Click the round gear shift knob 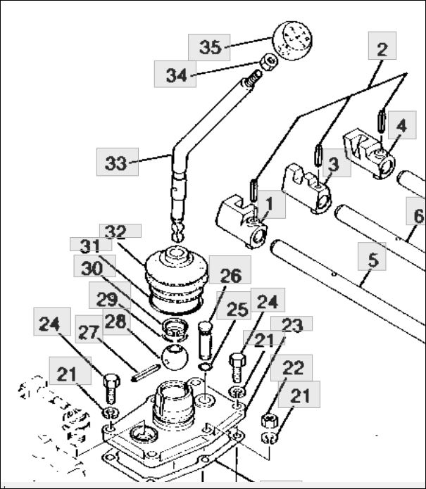pos(292,41)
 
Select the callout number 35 pos(211,47)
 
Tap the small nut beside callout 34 pos(269,63)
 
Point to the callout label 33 pos(116,163)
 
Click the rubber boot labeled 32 pos(176,279)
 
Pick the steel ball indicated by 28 pos(175,357)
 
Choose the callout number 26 pos(231,275)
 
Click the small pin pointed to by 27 pos(146,372)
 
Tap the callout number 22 pos(293,367)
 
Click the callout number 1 pos(270,204)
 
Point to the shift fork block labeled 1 pos(242,221)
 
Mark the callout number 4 pos(401,125)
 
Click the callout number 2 pos(382,49)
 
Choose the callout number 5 pos(373,260)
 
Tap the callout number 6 pos(419,215)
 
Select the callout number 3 pos(334,164)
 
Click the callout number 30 pos(92,268)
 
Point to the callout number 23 pos(292,325)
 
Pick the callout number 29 pos(107,300)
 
